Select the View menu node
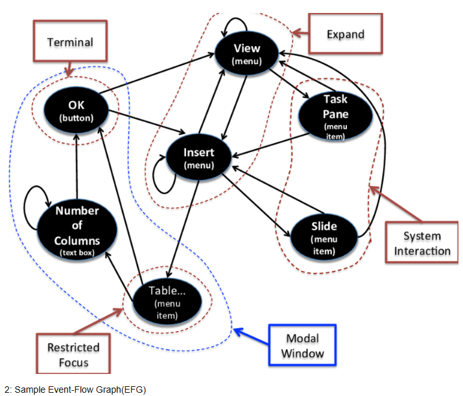(x=246, y=53)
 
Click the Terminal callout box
(x=69, y=43)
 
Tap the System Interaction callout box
(x=421, y=242)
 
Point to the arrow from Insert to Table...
(x=184, y=220)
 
